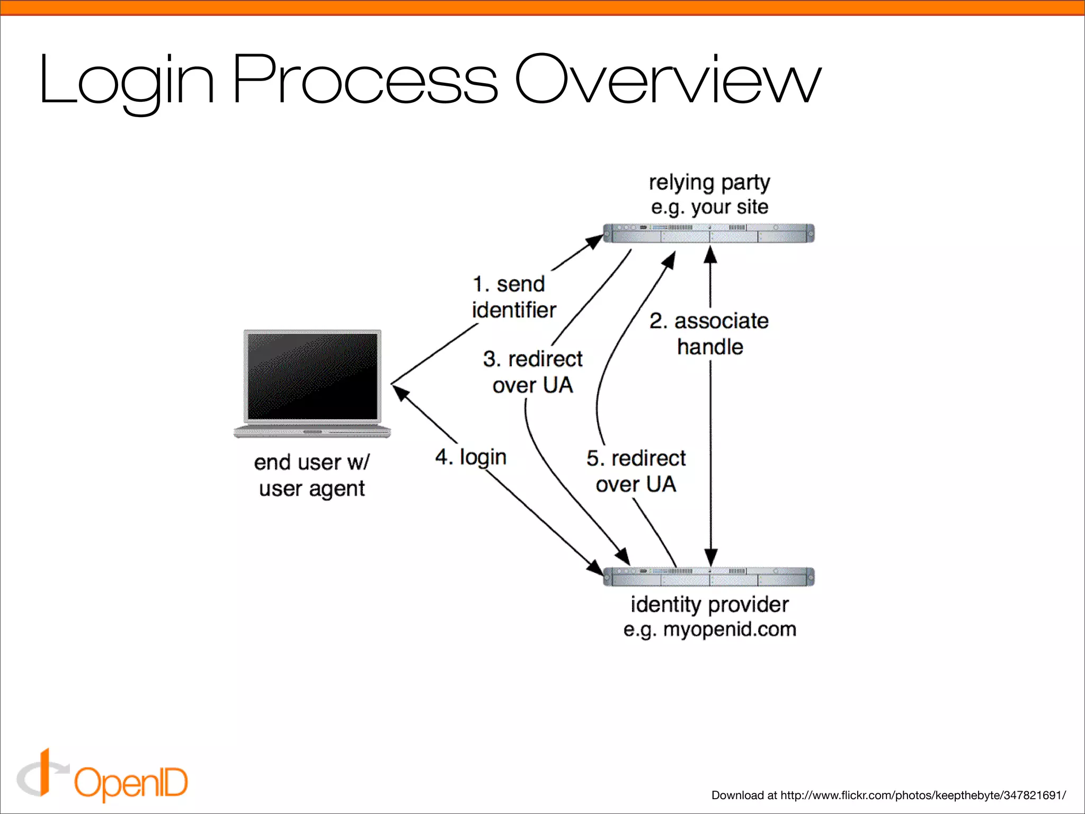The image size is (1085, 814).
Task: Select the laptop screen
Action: (313, 376)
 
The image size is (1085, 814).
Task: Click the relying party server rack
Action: (709, 233)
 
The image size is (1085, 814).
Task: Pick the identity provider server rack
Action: (709, 577)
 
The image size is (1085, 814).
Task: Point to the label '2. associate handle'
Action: (709, 334)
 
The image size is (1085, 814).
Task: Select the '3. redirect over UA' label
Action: (532, 372)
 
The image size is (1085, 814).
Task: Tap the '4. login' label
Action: (471, 457)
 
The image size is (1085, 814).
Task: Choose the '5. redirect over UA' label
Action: (636, 471)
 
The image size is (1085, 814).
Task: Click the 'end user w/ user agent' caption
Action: (312, 475)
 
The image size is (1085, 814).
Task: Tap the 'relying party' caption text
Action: (709, 182)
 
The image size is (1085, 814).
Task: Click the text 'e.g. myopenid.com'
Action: (709, 630)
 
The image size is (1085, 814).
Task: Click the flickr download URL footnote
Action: (888, 795)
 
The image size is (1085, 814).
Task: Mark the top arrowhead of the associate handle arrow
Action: (710, 255)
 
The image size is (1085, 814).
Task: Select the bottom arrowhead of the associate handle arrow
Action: (711, 558)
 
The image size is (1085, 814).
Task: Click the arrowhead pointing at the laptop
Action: (400, 393)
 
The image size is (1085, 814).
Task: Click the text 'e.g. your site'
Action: (709, 207)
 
